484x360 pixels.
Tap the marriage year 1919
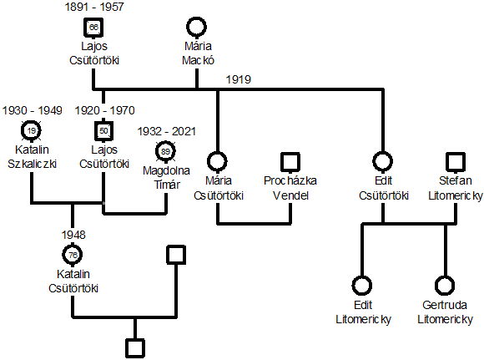(239, 79)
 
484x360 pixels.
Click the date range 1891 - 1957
(94, 7)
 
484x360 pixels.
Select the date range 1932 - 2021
(167, 131)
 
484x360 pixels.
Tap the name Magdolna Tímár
(166, 178)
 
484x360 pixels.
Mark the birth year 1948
(73, 235)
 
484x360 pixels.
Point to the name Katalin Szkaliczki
(32, 157)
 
